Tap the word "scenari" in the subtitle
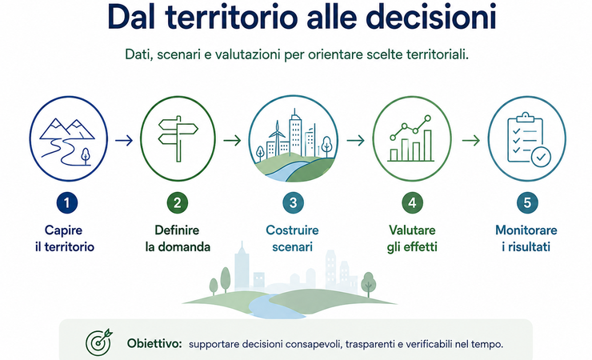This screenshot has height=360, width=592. coord(179,54)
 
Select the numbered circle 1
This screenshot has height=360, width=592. coord(67,202)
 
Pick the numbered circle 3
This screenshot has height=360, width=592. coord(293,202)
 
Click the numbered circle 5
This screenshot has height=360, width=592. coord(527,202)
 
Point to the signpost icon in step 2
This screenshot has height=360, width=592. coord(178,138)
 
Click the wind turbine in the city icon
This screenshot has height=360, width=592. coord(277,137)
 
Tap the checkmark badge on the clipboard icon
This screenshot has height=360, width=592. coord(541,157)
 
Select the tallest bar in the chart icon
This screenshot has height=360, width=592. coord(427,146)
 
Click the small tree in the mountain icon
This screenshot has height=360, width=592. coord(86,156)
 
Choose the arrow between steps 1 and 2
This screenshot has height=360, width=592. coord(124,141)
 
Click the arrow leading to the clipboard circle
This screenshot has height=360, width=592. coord(471,141)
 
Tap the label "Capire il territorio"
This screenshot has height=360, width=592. coord(65,238)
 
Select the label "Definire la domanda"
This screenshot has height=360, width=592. coord(178,238)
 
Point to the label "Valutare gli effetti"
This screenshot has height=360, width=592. coord(412,238)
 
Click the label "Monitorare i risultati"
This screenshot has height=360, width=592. coord(526,238)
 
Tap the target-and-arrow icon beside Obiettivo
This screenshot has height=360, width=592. coord(99,342)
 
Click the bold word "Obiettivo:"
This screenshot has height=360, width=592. coord(154,343)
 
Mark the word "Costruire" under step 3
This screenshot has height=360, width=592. coord(292,230)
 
